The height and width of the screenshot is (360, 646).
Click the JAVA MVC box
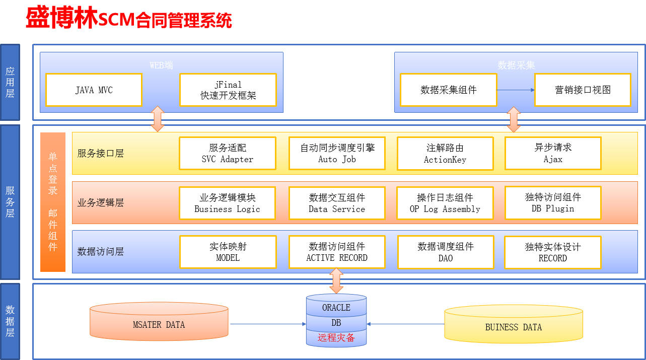[94, 90]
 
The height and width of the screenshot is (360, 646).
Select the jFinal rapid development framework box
[228, 90]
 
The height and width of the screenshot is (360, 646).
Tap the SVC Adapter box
[228, 154]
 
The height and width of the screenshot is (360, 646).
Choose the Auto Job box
[337, 154]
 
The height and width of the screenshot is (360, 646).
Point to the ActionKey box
[445, 154]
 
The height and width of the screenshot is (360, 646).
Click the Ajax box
[553, 154]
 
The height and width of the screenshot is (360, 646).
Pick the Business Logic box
[228, 203]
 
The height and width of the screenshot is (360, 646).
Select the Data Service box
[337, 203]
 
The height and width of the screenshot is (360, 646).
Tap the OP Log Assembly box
[445, 203]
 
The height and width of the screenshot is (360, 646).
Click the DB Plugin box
[553, 203]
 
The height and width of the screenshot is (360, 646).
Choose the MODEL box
[228, 252]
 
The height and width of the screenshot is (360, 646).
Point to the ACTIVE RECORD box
[337, 252]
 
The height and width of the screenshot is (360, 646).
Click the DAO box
[446, 252]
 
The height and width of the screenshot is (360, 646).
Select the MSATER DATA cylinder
[159, 321]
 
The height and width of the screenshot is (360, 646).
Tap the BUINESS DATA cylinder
[514, 324]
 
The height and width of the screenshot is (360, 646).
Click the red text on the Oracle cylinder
[336, 337]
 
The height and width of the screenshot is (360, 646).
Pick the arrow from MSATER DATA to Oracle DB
[268, 324]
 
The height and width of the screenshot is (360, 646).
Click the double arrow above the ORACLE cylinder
[336, 280]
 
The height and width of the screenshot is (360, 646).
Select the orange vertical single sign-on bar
[53, 202]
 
